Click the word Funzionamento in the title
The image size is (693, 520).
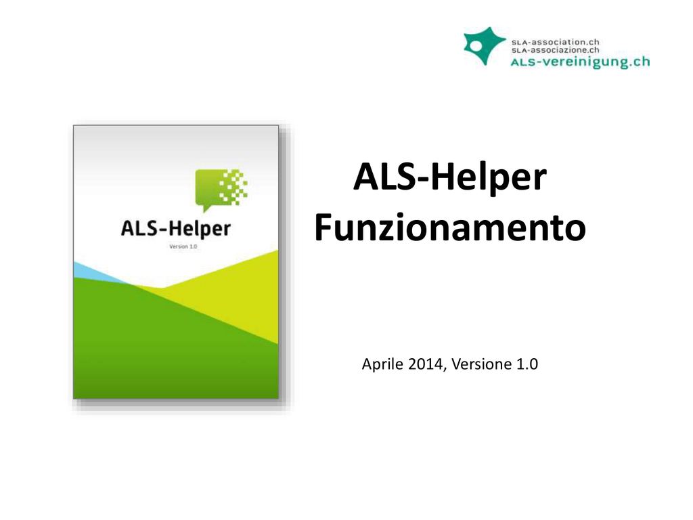(450, 227)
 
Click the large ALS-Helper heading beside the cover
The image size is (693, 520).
(450, 177)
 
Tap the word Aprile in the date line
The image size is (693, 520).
(383, 364)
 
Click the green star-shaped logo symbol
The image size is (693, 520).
(484, 45)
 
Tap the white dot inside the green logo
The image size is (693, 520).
(476, 46)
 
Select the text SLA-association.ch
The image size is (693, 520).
(555, 42)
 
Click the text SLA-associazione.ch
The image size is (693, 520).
(555, 50)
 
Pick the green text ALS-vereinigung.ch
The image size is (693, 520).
(580, 62)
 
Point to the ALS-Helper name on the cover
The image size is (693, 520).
(176, 229)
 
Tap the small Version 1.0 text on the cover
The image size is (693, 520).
(183, 246)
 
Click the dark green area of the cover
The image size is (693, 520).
(168, 349)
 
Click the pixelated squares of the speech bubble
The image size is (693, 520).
(233, 187)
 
